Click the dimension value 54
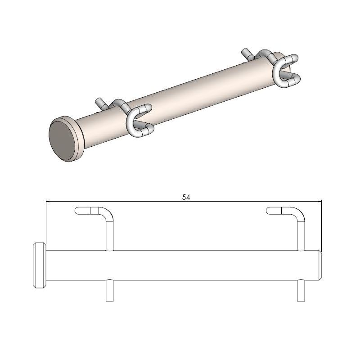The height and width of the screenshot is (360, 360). click(185, 197)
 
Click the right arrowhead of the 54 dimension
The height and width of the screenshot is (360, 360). click(320, 201)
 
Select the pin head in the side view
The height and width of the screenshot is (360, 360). click(39, 265)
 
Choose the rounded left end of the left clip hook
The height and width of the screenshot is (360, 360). click(77, 210)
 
